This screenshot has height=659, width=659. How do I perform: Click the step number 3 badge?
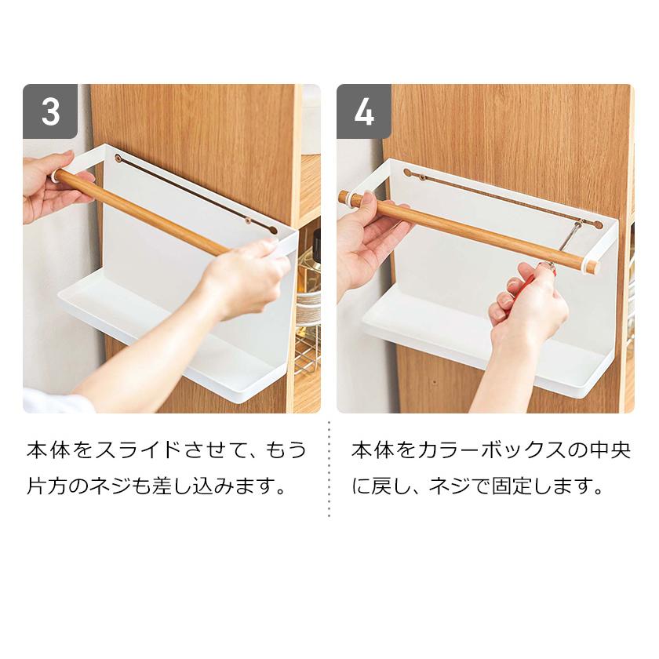click(x=50, y=111)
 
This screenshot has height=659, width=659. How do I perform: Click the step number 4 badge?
click(x=364, y=111)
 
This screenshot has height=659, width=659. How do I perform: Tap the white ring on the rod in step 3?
click(x=55, y=175)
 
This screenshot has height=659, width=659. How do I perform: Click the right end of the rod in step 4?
click(x=592, y=268)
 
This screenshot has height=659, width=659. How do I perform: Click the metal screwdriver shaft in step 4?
click(x=569, y=241)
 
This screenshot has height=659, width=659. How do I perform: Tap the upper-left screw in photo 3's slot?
click(x=118, y=158)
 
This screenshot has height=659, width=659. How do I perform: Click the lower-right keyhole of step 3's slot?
click(x=273, y=231)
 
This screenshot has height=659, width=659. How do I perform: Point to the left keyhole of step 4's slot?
click(x=407, y=172)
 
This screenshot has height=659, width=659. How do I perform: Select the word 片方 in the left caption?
click(x=46, y=486)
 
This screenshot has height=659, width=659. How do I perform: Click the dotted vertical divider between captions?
click(x=329, y=469)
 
